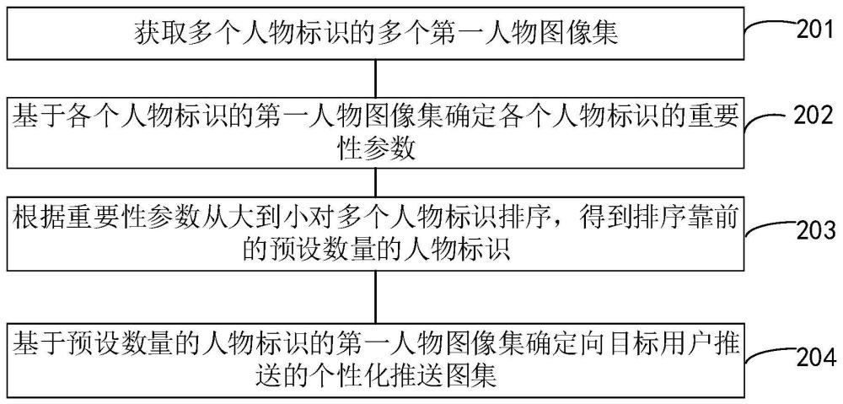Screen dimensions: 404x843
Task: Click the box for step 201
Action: (x=375, y=35)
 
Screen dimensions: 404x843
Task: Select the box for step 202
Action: (x=375, y=133)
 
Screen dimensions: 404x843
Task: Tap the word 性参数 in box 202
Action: (x=376, y=148)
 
